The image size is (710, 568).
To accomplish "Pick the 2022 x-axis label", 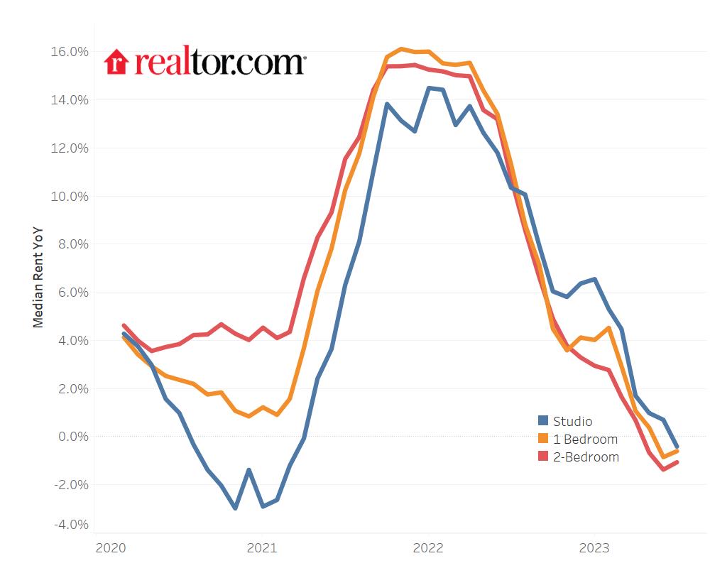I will pos(427,548).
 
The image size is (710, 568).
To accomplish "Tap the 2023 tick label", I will pos(594,548).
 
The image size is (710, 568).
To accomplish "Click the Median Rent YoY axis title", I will pos(38,277).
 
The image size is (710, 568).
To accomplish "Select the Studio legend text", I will pos(572,421).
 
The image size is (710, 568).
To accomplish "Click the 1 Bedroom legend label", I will pos(585,439).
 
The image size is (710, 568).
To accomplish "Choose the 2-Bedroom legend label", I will pos(586,457).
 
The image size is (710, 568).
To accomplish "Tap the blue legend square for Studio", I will pos(543,421).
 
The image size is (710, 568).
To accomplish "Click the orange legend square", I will pos(543,439).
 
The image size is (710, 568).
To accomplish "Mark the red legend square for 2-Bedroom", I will pos(543,457).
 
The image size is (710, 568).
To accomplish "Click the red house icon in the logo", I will pos(115,62).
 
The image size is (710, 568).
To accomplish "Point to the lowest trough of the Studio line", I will pos(235,508).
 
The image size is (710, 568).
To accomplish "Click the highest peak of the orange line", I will pos(401,49).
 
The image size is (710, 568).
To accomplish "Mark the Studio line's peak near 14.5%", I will pos(428,88).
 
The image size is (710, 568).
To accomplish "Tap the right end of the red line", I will pos(677,462).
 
